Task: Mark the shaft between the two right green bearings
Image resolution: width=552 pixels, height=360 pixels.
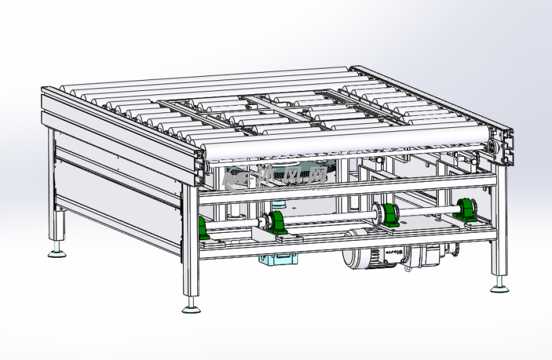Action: [x=428, y=213]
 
